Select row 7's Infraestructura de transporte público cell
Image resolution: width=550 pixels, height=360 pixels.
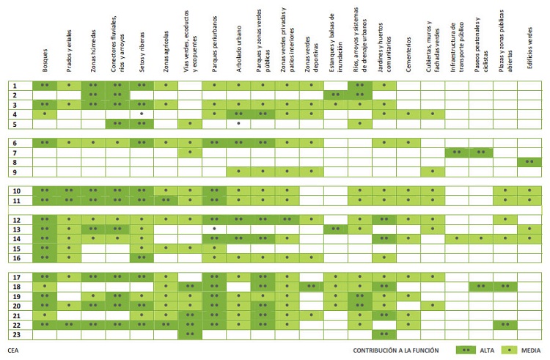pos(457,153)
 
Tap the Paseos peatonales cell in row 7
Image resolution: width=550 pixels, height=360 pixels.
pos(481,153)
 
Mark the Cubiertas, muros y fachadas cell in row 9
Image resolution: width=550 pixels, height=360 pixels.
pos(433,172)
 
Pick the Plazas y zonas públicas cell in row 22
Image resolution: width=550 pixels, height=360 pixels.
pos(505,324)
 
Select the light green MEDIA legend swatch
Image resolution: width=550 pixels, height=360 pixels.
pos(510,350)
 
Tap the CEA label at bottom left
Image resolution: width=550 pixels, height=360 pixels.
pos(13,350)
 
